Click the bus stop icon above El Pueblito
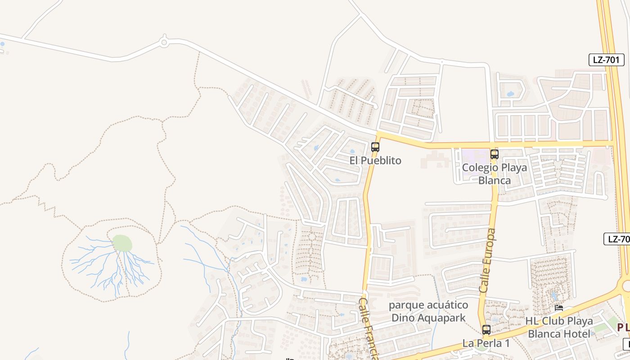point(375,147)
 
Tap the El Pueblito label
point(375,161)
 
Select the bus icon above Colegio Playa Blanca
point(495,154)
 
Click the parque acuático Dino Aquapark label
point(428,311)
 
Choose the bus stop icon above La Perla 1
point(486,329)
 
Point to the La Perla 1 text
point(486,343)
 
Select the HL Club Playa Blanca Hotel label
point(559,328)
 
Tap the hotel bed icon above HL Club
point(559,309)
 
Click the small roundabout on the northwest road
point(164,43)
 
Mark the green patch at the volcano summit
point(122,243)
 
